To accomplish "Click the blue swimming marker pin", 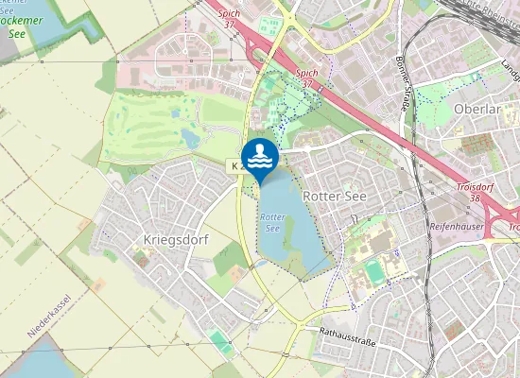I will [x=260, y=157].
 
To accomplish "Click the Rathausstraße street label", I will [x=348, y=335].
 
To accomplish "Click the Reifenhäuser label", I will [x=458, y=227].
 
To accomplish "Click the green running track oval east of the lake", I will [x=376, y=272].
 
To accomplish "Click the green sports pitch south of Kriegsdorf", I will [x=219, y=339].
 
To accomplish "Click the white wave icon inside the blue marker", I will [x=260, y=154].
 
